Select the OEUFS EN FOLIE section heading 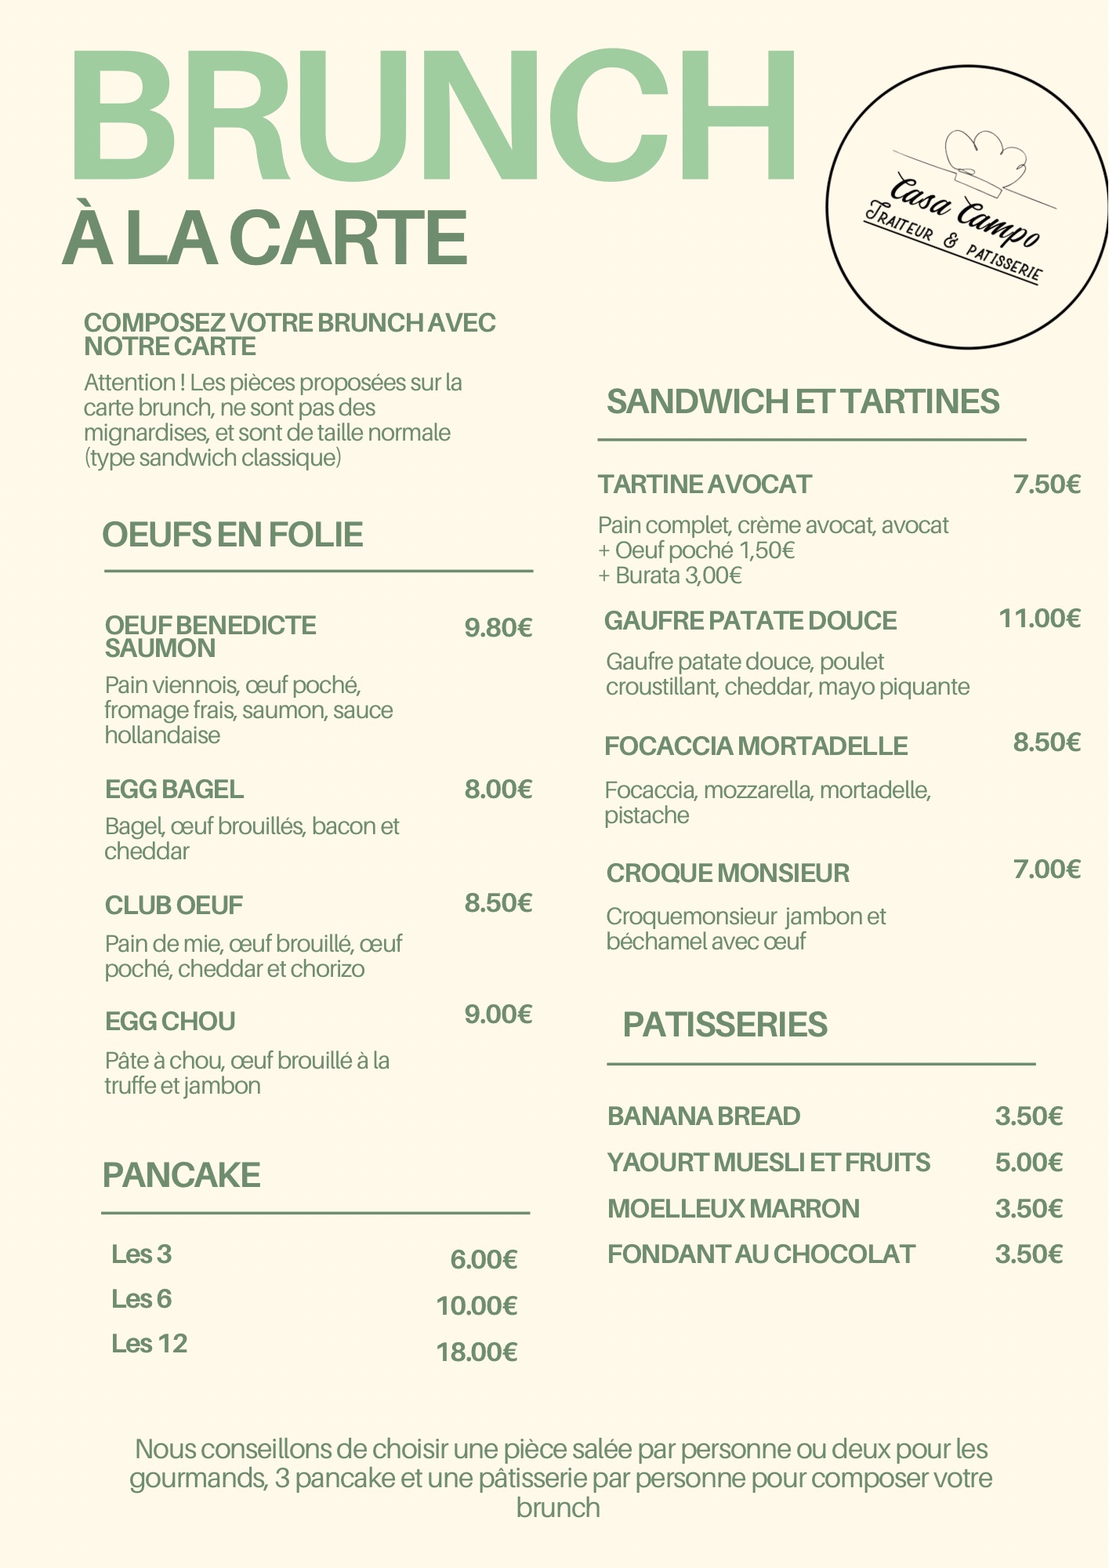point(233,535)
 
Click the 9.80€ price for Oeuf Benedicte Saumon point(498,628)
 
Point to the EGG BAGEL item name point(174,789)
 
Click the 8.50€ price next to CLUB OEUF point(498,903)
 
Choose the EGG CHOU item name point(170,1022)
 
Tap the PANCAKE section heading point(181,1175)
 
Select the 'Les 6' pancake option point(141,1299)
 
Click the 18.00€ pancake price point(477,1352)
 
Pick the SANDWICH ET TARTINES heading point(803,401)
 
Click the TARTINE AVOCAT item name point(705,485)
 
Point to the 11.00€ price point(1039,619)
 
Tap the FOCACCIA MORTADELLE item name point(756,746)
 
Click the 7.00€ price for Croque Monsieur point(1047,869)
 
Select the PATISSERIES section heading point(725,1025)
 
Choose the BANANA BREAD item point(704,1116)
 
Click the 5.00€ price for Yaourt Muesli point(1028,1163)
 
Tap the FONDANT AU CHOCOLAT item point(761,1254)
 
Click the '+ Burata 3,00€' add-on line point(670,576)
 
